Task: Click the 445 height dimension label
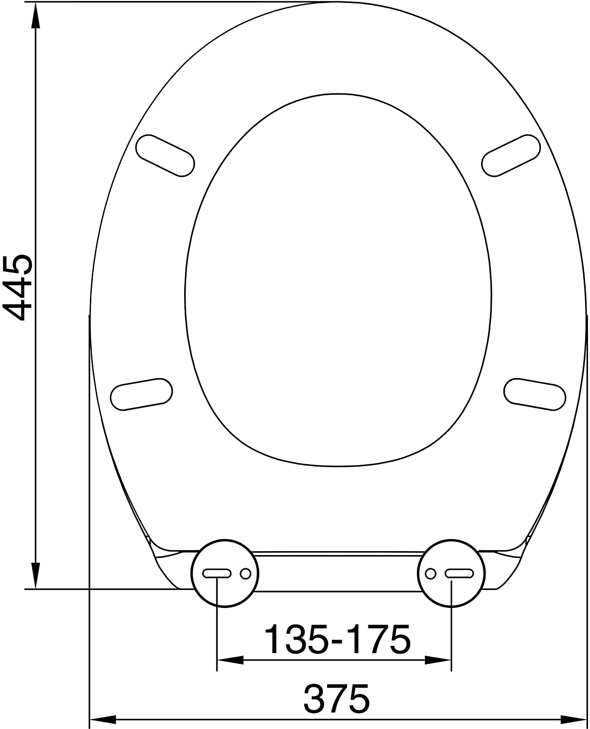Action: [x=18, y=288]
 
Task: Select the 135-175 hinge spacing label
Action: [x=337, y=639]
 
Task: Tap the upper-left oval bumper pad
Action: [x=165, y=156]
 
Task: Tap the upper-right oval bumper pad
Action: [x=511, y=156]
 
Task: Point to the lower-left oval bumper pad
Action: [x=141, y=394]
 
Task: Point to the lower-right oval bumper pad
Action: [x=535, y=394]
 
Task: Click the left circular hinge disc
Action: [x=225, y=573]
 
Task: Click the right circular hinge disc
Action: [x=451, y=573]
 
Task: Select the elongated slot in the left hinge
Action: [x=217, y=573]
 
